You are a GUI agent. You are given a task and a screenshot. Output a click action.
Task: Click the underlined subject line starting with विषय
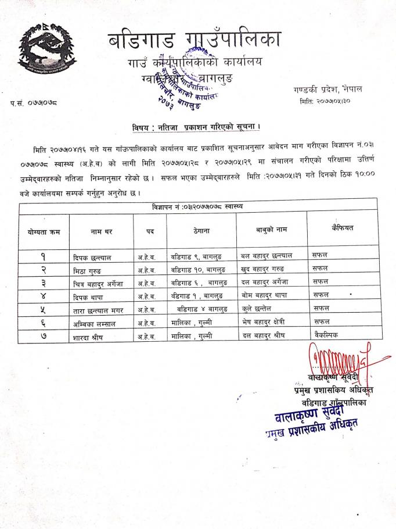[195, 128]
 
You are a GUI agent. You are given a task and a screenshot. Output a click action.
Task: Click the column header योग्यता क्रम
[44, 232]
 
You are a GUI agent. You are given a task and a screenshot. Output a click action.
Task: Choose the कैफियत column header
[341, 227]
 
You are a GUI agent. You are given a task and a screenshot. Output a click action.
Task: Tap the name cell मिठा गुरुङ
[91, 269]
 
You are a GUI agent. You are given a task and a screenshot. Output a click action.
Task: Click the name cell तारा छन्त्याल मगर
[100, 309]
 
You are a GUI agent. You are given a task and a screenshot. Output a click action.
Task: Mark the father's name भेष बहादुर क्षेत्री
[268, 322]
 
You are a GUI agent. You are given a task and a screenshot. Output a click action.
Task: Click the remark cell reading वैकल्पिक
[326, 335]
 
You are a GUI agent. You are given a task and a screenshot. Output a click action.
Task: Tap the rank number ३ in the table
[44, 283]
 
